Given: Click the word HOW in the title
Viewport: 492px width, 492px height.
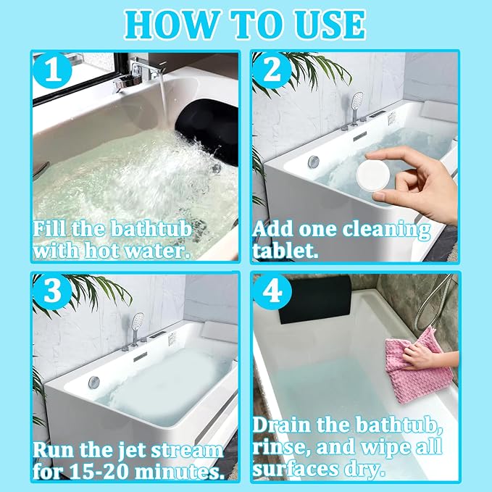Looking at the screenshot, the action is (172, 25).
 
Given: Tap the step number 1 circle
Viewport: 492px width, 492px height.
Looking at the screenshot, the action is (52, 71).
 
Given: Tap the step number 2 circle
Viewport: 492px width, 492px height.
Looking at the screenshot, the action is (272, 71).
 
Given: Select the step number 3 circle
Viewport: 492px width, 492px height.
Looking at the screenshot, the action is (52, 291).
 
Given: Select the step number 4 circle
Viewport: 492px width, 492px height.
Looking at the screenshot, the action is (272, 291).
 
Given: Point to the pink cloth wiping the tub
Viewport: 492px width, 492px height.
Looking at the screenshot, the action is (417, 366).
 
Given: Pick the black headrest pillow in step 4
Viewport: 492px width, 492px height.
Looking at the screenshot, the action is (314, 299).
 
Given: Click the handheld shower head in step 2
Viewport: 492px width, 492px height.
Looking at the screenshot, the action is (357, 102).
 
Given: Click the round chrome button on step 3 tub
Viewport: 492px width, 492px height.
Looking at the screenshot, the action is (93, 382).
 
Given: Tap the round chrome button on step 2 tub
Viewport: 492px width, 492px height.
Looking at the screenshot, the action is (314, 161).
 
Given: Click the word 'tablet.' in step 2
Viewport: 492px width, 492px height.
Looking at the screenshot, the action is (285, 251).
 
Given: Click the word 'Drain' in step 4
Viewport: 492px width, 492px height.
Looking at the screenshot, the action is (282, 425).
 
